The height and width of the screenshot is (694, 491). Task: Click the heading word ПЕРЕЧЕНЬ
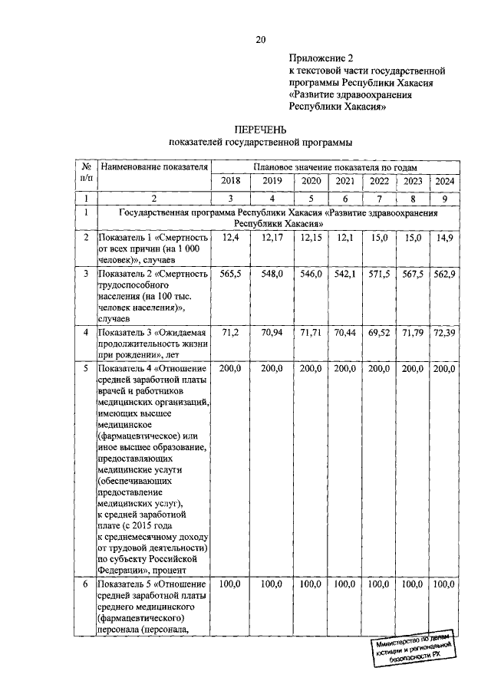tap(260, 129)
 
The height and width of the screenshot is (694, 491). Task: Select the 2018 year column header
tap(230, 180)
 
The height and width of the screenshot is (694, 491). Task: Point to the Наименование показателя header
tap(154, 166)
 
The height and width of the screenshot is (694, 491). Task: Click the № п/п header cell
tap(87, 172)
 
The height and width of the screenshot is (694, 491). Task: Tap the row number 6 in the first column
tap(87, 584)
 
